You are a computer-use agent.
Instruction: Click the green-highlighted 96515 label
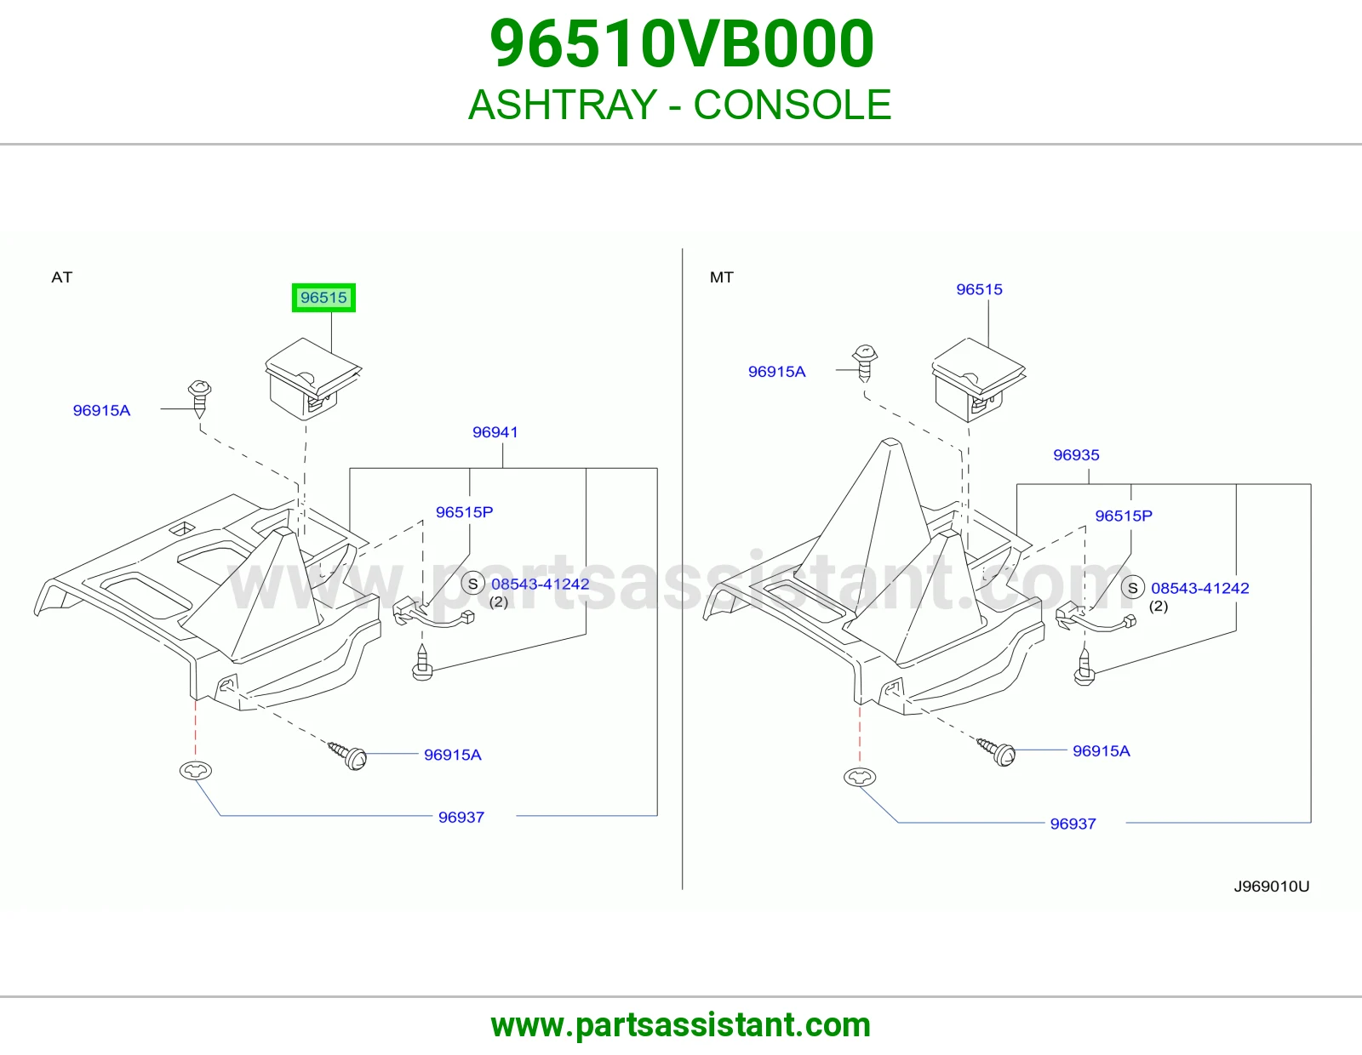pos(323,298)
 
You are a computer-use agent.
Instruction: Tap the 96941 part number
pos(495,432)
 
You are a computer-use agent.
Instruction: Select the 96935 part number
pos(1076,455)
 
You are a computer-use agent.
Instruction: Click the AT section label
pos(62,277)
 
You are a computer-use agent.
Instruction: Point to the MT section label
pos(721,277)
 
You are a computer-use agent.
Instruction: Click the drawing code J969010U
pos(1271,887)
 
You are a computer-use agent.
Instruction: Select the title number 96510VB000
pos(681,44)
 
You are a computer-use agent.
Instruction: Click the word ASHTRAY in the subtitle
pos(562,105)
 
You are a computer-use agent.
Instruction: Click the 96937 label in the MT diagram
pos(1073,824)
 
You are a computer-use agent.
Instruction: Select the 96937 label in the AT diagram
pos(461,818)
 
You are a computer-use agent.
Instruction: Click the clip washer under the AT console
pos(196,770)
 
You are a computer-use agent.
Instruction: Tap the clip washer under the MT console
pos(859,778)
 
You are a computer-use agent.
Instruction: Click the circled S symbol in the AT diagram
pos(472,584)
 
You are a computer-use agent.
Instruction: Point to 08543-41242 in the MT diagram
pos(1199,588)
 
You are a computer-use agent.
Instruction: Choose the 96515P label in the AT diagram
pos(464,512)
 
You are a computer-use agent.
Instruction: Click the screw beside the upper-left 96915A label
pos(199,398)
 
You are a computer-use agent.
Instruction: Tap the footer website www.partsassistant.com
pos(681,1025)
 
